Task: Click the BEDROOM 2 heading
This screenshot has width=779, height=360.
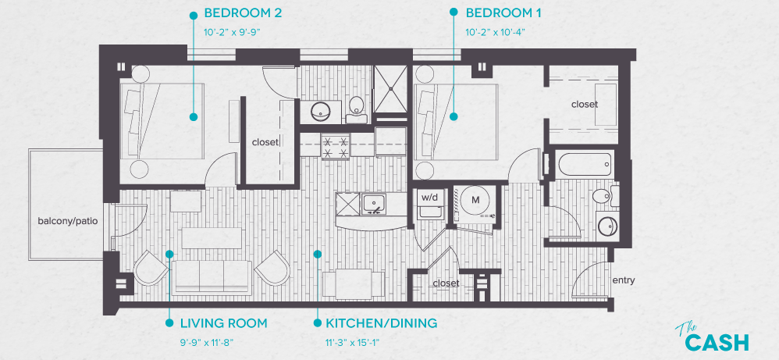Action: pyautogui.click(x=242, y=14)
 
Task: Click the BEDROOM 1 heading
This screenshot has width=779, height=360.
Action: pyautogui.click(x=503, y=14)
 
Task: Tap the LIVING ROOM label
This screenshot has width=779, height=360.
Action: pyautogui.click(x=223, y=323)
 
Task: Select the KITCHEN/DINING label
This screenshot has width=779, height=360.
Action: pyautogui.click(x=381, y=323)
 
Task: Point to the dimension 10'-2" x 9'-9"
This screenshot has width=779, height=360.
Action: pyautogui.click(x=232, y=33)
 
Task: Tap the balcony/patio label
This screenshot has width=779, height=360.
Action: pyautogui.click(x=67, y=221)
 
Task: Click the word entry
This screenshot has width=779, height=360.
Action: pyautogui.click(x=624, y=280)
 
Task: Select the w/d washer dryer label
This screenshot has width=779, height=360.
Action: pyautogui.click(x=430, y=198)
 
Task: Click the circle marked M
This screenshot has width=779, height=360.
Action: pyautogui.click(x=474, y=200)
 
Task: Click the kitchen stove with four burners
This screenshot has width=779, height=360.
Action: pyautogui.click(x=336, y=147)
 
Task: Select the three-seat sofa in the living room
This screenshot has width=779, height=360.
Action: pyautogui.click(x=211, y=275)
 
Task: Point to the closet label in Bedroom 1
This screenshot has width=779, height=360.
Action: pyautogui.click(x=584, y=104)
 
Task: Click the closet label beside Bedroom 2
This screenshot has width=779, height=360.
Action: pyautogui.click(x=265, y=142)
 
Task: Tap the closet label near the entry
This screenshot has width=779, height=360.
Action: pyautogui.click(x=446, y=283)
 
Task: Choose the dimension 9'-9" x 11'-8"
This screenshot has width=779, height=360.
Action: pyautogui.click(x=205, y=341)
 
